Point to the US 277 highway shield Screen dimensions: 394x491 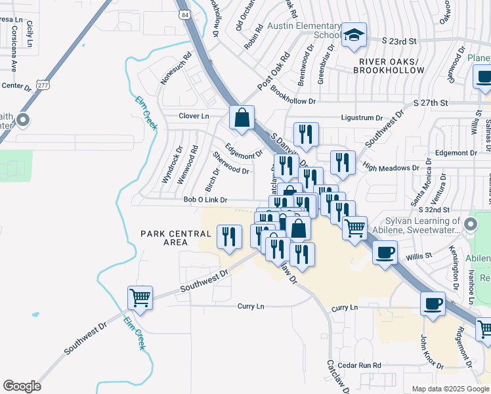(43, 85)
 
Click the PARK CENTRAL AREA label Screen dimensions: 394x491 (177, 238)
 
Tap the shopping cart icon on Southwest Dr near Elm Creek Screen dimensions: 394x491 (140, 297)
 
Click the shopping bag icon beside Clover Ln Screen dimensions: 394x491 (242, 118)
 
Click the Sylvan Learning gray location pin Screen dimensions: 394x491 (471, 225)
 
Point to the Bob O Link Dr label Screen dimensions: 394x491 (205, 200)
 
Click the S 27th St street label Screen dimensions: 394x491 (431, 103)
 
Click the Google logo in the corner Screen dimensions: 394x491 (22, 385)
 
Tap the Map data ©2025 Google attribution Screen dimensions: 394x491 (450, 389)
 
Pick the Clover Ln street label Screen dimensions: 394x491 (194, 116)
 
